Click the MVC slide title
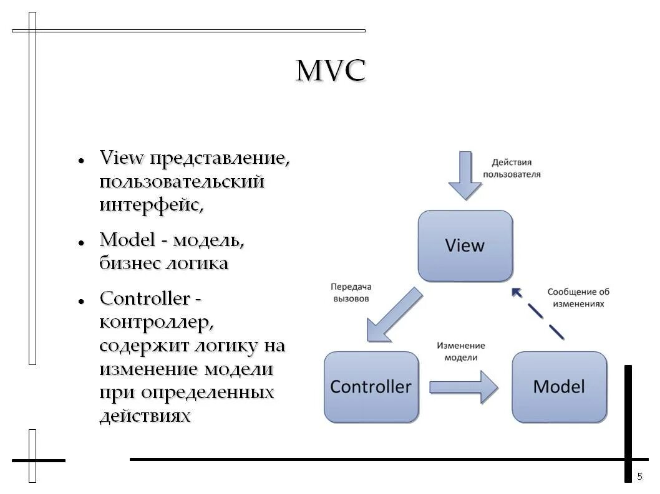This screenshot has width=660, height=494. [330, 72]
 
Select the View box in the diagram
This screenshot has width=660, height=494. [465, 245]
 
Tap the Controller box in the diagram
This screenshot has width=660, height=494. [371, 387]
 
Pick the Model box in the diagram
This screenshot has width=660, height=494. [559, 387]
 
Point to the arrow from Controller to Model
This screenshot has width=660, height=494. [463, 387]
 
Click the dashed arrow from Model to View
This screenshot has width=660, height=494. [537, 313]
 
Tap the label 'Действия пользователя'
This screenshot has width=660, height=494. [512, 168]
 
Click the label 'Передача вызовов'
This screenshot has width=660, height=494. [350, 292]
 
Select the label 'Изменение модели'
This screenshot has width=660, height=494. [461, 351]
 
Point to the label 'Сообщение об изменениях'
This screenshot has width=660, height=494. [578, 297]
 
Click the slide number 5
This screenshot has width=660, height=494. [639, 477]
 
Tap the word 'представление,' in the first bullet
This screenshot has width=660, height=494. [218, 158]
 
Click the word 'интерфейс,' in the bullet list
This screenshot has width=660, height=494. [152, 205]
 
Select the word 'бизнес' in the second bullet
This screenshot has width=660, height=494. [129, 263]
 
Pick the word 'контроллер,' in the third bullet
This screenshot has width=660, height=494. [157, 322]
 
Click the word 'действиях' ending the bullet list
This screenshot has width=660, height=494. [145, 416]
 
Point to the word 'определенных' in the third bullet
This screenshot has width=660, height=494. [207, 392]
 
